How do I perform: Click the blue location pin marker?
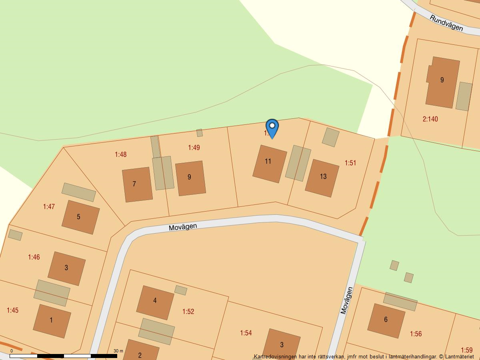272,128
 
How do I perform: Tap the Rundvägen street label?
446,23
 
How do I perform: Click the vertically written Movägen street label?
346,300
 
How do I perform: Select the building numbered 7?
137,184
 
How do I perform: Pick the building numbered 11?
269,164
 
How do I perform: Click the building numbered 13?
322,178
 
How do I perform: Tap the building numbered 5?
80,217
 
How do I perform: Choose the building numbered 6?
386,320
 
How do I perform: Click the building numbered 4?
155,302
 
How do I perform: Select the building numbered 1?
52,321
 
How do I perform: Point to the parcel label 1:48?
120,154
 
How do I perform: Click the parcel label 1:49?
194,148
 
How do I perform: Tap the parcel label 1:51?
350,163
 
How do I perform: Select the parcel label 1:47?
49,206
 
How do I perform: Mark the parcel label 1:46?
34,257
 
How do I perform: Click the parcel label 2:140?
430,119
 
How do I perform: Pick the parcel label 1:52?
188,312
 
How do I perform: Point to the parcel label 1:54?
246,333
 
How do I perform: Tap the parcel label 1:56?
416,334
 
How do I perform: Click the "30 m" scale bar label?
118,351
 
